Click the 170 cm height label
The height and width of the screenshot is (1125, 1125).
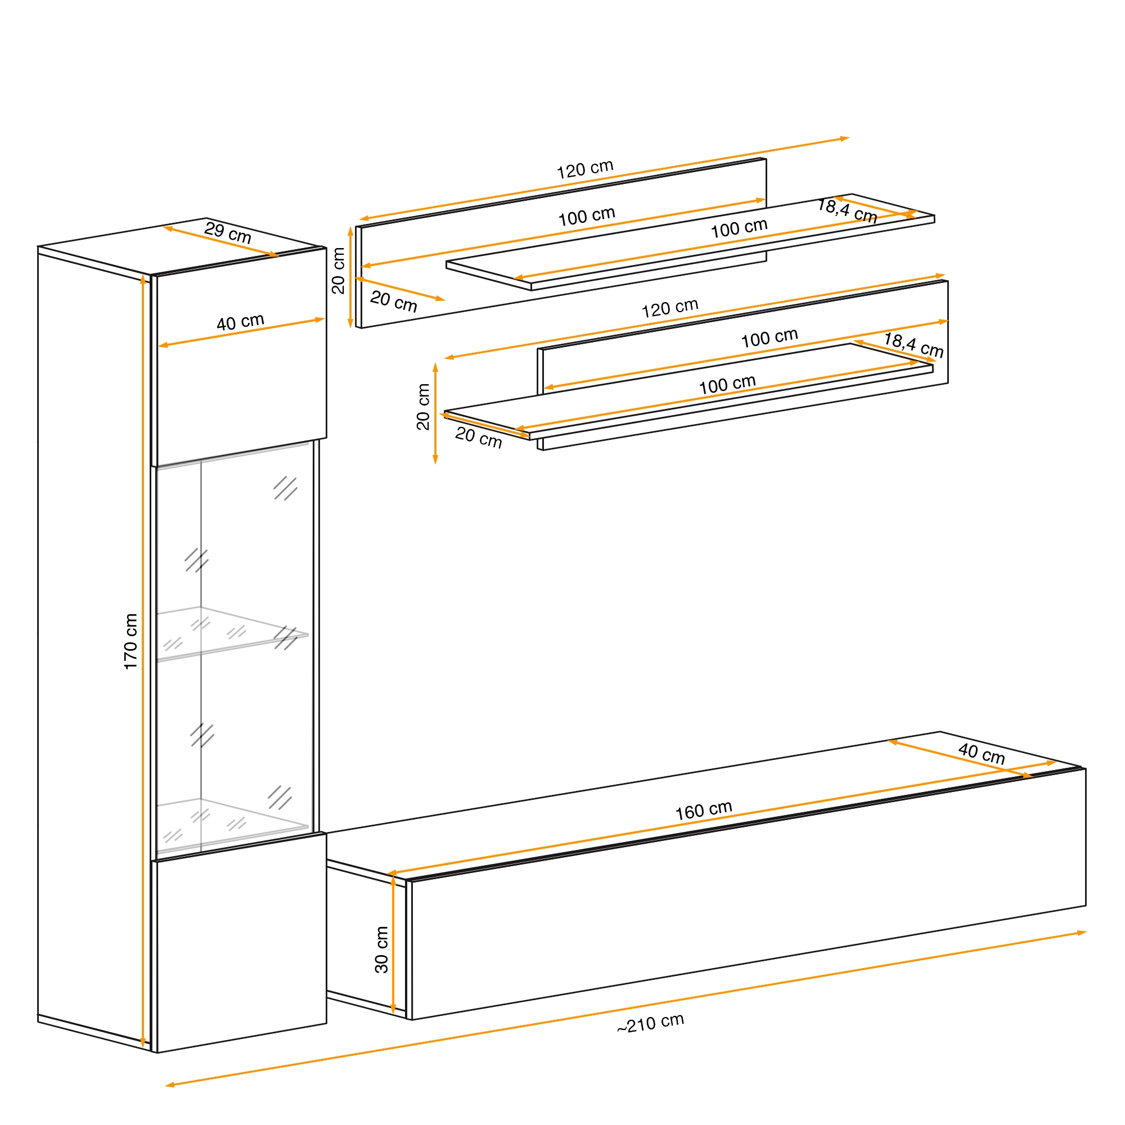(130, 641)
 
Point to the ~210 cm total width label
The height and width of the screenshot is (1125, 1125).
(650, 1023)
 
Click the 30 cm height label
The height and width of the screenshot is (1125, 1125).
(381, 949)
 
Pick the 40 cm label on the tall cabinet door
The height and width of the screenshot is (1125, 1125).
(241, 322)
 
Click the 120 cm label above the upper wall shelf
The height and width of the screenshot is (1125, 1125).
(585, 169)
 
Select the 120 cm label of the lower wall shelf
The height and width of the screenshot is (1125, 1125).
(670, 308)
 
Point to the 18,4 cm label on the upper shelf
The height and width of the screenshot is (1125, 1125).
(847, 210)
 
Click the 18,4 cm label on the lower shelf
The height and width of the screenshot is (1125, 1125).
(913, 345)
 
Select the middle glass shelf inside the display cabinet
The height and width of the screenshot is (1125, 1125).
(232, 634)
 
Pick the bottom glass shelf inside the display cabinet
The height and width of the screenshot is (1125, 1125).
(232, 826)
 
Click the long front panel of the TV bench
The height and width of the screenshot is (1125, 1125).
(748, 894)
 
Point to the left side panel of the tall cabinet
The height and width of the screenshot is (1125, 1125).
(94, 649)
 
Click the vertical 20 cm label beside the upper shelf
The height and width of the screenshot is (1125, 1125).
(337, 271)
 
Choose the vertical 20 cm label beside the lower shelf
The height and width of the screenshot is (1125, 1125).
(424, 407)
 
